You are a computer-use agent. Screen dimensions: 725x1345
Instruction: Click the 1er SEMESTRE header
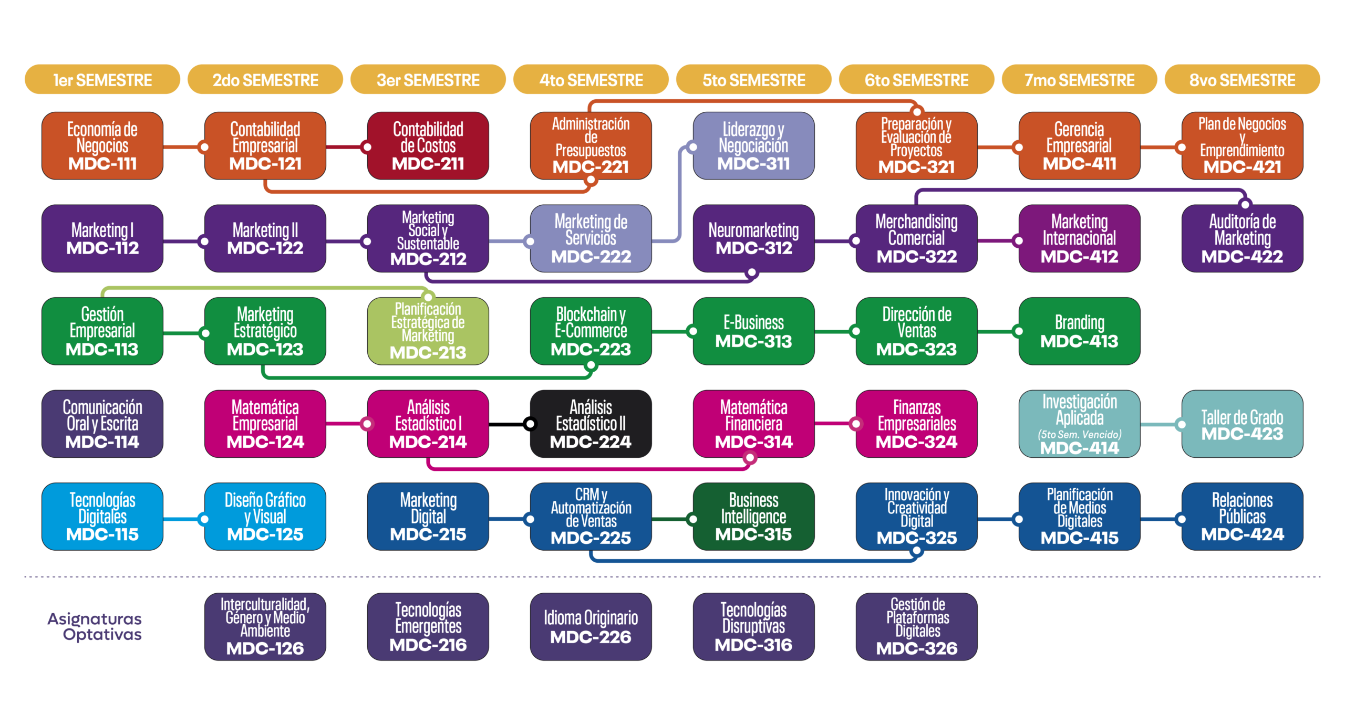tap(102, 80)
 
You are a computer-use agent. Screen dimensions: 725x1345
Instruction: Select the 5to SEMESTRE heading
tap(753, 80)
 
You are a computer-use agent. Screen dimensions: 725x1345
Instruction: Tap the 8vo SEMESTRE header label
tap(1242, 80)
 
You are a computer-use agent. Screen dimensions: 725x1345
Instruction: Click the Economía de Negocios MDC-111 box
tap(102, 146)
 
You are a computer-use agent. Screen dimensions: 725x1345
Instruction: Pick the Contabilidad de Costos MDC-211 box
tap(428, 146)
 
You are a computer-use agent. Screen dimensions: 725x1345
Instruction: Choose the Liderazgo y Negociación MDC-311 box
tap(753, 146)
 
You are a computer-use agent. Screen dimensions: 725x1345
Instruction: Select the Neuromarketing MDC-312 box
tap(753, 238)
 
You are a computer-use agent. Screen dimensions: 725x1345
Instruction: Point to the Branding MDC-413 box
tap(1079, 331)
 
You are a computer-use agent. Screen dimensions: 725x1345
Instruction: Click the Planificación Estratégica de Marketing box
tap(428, 331)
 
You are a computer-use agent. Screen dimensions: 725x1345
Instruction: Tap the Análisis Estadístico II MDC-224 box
tap(591, 424)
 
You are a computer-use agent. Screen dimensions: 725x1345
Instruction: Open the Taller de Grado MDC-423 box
tap(1242, 424)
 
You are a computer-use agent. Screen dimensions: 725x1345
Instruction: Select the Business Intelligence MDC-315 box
tap(753, 517)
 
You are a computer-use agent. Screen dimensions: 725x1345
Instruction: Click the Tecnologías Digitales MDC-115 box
tap(102, 517)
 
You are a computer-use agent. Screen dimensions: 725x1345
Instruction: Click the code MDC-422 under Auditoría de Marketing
tap(1242, 257)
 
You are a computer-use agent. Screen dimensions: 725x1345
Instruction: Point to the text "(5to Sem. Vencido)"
tap(1079, 434)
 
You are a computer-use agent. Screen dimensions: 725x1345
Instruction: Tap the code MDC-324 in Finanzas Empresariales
tap(917, 442)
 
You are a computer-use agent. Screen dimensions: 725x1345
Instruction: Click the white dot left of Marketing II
tap(205, 241)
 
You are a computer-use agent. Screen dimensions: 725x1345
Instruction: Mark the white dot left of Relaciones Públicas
tap(1182, 519)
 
